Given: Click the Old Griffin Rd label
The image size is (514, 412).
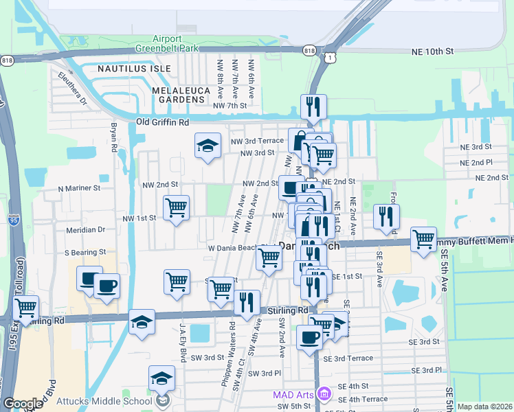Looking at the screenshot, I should click(162, 122).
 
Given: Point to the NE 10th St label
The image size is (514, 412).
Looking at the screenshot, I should click(433, 51).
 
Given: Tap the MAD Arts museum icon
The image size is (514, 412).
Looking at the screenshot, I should click(325, 394).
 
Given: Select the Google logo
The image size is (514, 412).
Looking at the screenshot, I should click(23, 404).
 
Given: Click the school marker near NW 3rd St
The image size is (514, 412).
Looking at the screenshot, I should click(208, 146).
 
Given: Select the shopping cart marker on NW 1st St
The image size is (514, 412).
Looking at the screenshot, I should click(177, 207).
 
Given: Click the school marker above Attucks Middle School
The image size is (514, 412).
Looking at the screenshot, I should click(162, 377).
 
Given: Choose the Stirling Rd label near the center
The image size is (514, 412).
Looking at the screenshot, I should click(289, 310).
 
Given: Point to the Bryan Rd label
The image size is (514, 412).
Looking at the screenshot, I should click(114, 137).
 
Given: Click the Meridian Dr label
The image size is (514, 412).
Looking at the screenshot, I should click(85, 230).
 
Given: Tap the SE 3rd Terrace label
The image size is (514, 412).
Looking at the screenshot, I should click(353, 358).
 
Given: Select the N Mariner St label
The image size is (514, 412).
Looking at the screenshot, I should click(79, 187).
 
